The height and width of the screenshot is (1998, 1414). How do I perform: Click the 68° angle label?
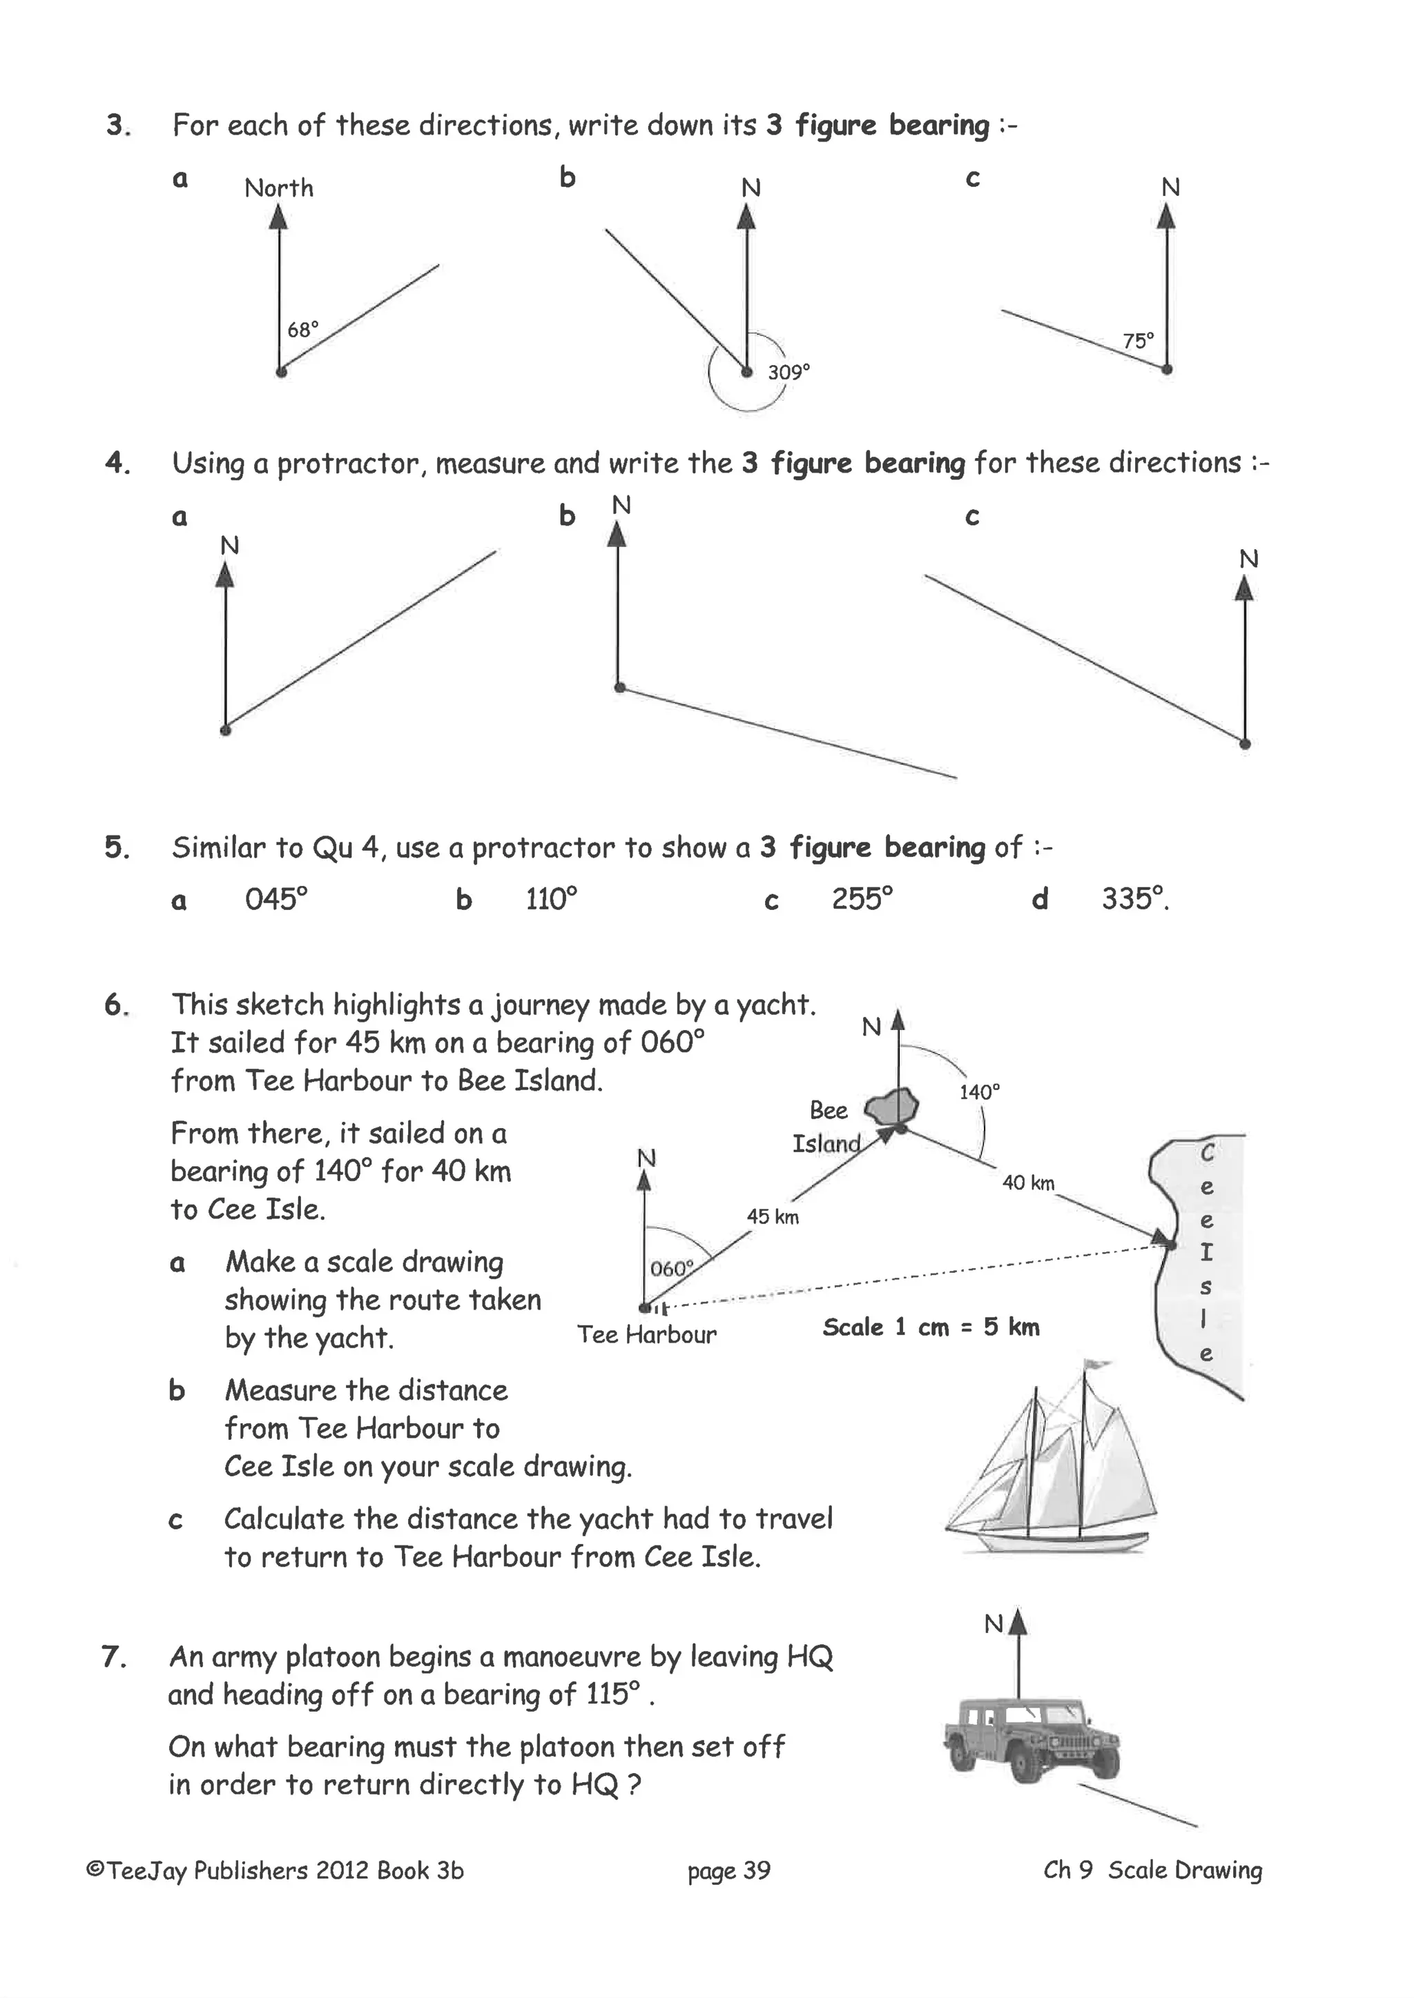(303, 330)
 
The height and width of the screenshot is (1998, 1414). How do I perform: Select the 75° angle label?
(1138, 340)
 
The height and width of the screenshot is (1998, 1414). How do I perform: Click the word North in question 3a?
(279, 188)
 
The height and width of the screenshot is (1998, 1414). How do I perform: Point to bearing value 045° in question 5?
(276, 899)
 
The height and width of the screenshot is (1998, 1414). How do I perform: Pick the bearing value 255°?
(862, 899)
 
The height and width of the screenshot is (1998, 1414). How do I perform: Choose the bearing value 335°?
(1134, 899)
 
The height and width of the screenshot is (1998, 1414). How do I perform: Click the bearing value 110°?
(551, 899)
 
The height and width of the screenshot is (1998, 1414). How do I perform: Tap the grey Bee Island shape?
(893, 1107)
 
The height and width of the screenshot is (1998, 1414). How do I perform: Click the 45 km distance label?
(773, 1216)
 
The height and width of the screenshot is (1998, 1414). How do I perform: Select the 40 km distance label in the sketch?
(1027, 1183)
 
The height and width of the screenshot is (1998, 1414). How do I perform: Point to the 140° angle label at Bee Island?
(980, 1092)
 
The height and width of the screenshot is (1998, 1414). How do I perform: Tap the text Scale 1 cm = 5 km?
(931, 1327)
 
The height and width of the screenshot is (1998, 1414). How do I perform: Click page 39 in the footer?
(729, 1870)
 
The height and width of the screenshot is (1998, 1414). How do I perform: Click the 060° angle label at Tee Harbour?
(671, 1268)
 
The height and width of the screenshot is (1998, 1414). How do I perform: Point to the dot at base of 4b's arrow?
(620, 687)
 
